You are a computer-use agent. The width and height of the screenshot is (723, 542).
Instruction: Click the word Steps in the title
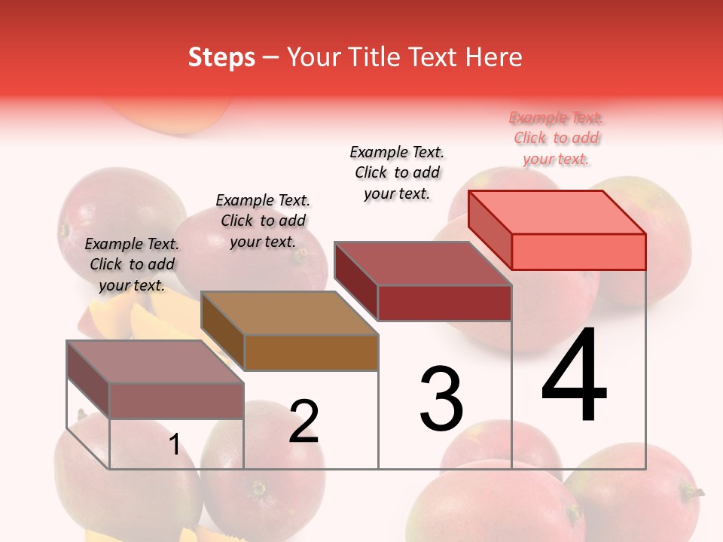coord(221,57)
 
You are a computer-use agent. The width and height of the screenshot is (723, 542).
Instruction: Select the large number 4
coord(574,376)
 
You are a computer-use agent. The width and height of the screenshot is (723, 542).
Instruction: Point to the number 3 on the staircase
coord(441,399)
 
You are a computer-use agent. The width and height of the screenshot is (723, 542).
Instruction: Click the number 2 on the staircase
coord(304,422)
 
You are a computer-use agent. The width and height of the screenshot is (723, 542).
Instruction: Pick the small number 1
coord(174,445)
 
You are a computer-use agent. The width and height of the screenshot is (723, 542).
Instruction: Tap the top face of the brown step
coord(289,312)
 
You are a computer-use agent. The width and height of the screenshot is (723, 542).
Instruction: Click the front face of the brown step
coord(311,352)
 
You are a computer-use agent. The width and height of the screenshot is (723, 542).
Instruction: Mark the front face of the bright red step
coord(578,251)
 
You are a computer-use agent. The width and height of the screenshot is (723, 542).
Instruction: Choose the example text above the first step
coord(132,264)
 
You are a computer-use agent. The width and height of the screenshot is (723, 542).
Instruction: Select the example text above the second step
coord(263,221)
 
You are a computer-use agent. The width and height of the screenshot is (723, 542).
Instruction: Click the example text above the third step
coord(398,172)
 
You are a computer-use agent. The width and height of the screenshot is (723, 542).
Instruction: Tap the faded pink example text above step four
coord(557,138)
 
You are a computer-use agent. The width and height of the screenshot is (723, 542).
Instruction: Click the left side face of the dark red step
coord(355,281)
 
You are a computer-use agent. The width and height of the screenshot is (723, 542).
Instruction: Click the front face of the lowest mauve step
coord(176,400)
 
